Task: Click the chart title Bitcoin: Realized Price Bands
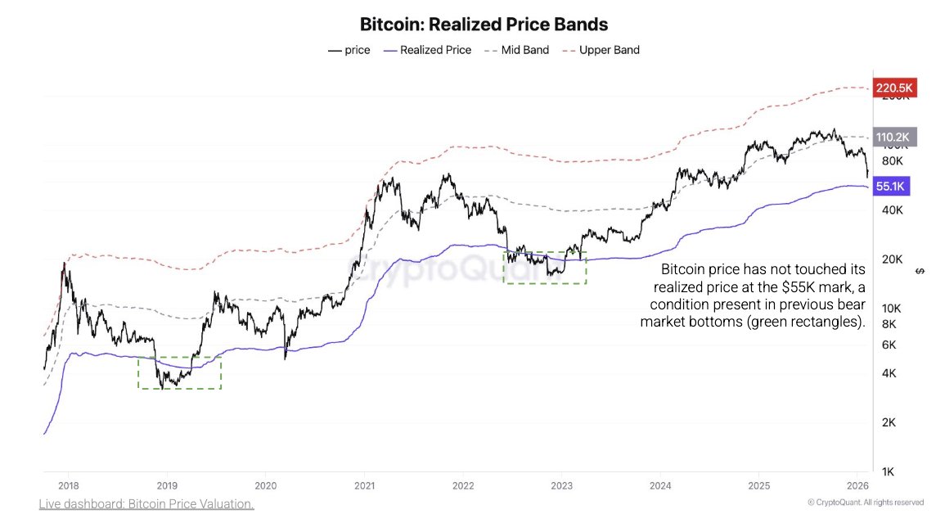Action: [484, 25]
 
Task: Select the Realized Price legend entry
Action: [435, 50]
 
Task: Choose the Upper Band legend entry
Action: [609, 50]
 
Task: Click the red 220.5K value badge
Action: [894, 88]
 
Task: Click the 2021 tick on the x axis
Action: [364, 485]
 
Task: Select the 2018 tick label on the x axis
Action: [68, 485]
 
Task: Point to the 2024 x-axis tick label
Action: [660, 485]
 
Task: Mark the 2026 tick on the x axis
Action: [857, 485]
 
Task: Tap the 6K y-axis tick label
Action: [889, 345]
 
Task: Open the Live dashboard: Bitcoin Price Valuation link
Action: [146, 504]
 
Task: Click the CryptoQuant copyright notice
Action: [865, 503]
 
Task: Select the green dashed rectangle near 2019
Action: [179, 372]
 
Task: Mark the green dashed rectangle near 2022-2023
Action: [545, 268]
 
